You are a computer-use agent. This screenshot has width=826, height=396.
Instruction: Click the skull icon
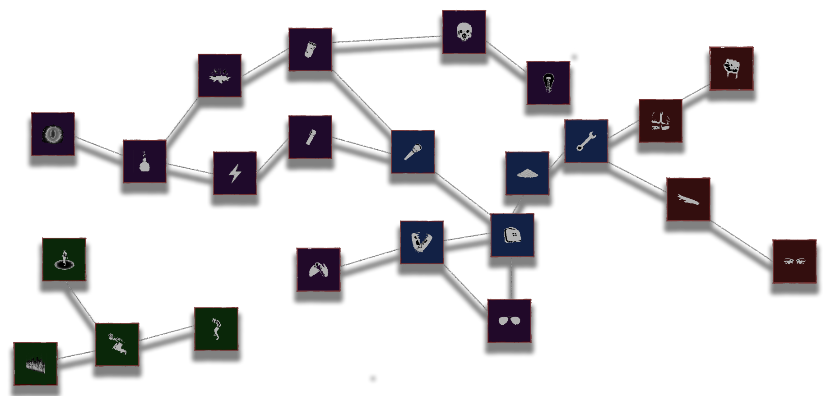coord(464,32)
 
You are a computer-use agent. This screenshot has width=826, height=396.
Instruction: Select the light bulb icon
coord(548,83)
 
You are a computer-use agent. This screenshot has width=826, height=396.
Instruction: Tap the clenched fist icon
coord(731,68)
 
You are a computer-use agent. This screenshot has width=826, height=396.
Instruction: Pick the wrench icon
coord(586,141)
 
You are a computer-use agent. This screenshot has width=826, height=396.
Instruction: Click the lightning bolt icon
coord(235,173)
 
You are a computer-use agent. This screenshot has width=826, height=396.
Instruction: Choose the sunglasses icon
coord(509,321)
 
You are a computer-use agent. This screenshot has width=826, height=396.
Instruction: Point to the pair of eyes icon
coord(794,261)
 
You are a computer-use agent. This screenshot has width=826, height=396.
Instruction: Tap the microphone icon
coord(413,152)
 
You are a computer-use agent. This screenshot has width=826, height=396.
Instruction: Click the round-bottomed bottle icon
coord(144,161)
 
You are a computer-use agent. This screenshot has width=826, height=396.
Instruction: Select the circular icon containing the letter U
coord(53,134)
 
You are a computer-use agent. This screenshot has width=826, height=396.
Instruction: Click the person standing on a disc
coord(64,259)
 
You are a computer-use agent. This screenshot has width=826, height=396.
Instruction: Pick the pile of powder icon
coord(527,173)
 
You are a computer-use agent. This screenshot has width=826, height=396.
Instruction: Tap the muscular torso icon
coord(660,121)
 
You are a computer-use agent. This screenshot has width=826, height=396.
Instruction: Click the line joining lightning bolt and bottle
coord(190,169)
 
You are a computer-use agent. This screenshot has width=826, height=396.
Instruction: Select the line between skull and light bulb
coord(506,57)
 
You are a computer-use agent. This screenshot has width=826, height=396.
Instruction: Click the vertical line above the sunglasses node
coord(511,278)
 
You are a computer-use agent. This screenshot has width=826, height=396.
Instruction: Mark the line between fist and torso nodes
coord(696,92)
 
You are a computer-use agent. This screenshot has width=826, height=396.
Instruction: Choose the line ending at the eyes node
coord(741,241)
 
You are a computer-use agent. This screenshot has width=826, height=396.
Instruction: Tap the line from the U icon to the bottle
coord(99,146)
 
